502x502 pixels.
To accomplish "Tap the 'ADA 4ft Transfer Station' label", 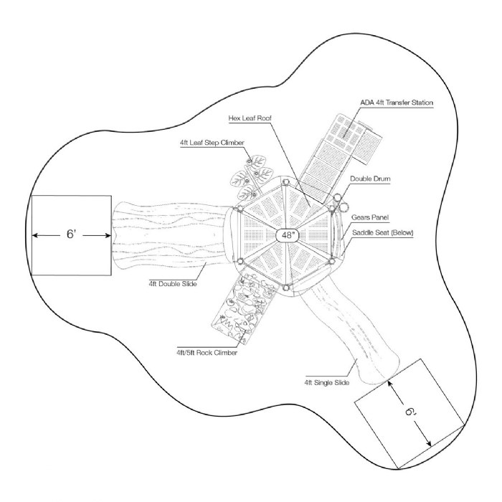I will point(396,103).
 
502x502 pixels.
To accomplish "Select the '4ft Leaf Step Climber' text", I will point(212,143).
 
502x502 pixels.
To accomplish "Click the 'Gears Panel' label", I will point(367,216).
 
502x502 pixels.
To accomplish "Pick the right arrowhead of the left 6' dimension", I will point(108,235).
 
